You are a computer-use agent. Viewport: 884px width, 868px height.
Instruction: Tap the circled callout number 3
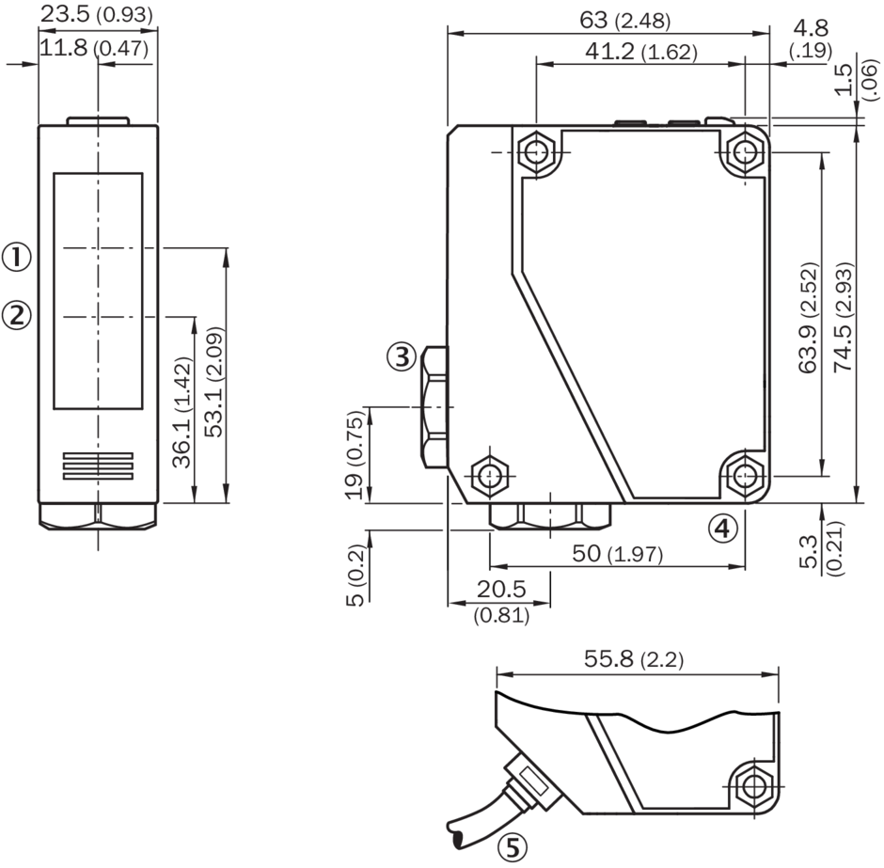[x=402, y=356]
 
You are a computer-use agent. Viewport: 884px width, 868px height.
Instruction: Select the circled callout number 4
[x=720, y=529]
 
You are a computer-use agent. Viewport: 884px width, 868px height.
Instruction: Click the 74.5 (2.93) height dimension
[x=843, y=316]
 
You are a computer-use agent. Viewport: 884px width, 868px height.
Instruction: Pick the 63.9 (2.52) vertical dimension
[x=808, y=316]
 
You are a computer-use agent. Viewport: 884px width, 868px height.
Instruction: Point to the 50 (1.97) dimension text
[x=618, y=554]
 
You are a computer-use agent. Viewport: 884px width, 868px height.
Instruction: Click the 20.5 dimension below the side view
[x=499, y=590]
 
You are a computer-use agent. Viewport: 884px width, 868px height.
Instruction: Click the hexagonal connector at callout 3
[x=435, y=407]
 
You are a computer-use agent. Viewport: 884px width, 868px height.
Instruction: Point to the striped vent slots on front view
[x=98, y=466]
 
